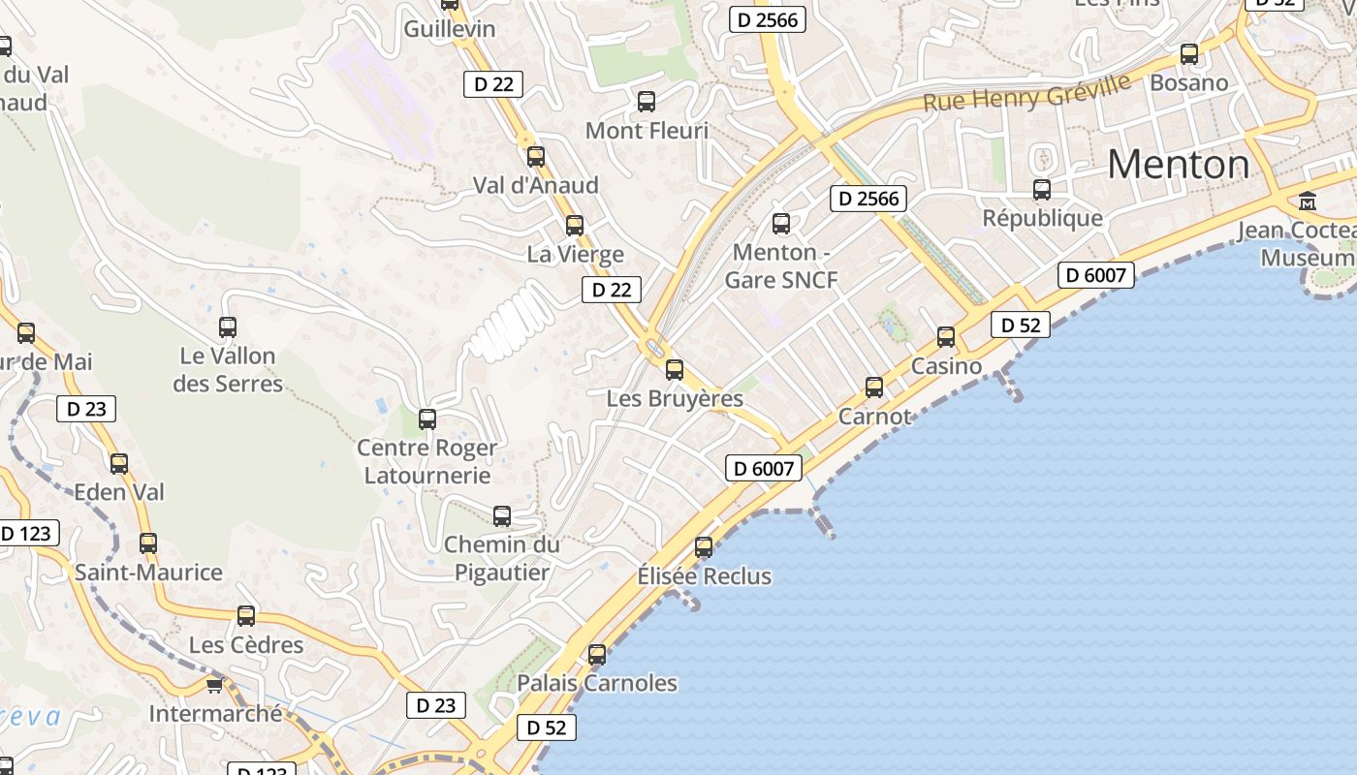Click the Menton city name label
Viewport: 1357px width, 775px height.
[1178, 165]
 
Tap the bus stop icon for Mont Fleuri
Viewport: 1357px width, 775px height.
[647, 101]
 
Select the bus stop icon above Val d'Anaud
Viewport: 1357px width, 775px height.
[536, 157]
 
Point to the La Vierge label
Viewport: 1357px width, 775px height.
[575, 255]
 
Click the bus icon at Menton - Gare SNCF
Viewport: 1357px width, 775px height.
[781, 225]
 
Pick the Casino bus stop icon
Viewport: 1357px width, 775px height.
[946, 337]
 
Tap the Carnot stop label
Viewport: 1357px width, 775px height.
[874, 417]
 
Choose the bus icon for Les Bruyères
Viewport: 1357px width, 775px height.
[675, 369]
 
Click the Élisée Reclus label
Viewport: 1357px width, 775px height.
[704, 576]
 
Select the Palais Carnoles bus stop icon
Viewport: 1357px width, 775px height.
[597, 655]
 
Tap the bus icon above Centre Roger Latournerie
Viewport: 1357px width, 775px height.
[427, 419]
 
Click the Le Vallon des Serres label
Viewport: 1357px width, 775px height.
[228, 370]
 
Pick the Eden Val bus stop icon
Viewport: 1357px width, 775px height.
[119, 463]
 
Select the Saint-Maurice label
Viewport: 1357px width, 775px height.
[148, 573]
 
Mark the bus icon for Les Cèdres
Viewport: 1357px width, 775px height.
[246, 616]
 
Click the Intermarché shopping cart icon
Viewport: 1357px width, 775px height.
[214, 685]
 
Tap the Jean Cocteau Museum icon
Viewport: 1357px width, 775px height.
[1308, 201]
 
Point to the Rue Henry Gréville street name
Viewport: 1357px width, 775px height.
[1026, 92]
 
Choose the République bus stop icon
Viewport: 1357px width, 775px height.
[1042, 190]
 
